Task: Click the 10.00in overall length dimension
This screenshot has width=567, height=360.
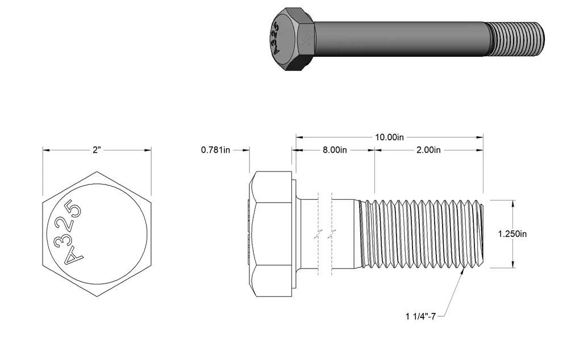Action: tap(389, 137)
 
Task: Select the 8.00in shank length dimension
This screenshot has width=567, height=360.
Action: tap(335, 150)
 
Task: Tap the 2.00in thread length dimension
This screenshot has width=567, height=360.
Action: tap(428, 150)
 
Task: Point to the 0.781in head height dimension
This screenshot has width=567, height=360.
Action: tap(215, 150)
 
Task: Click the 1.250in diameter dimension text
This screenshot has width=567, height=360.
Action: tap(512, 234)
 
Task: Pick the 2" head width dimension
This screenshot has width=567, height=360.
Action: tap(96, 150)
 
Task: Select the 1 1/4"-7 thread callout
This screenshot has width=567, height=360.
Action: tap(420, 317)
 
